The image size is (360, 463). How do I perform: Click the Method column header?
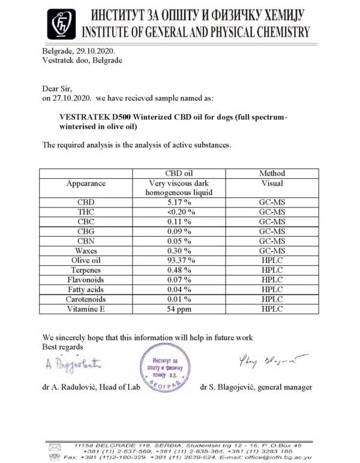[x=272, y=173]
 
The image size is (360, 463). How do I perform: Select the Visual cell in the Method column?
[x=272, y=183]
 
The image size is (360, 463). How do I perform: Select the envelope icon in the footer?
[x=55, y=446]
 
